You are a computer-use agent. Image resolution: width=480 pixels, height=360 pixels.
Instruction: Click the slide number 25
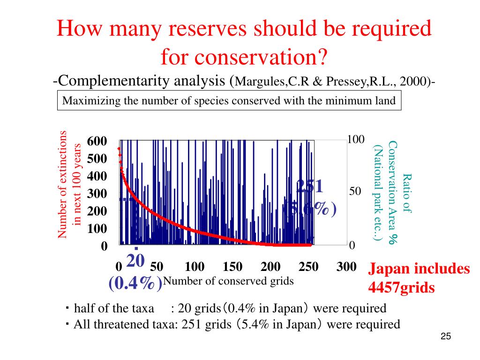coord(445,337)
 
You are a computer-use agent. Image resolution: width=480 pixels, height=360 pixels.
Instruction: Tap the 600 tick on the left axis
coord(97,142)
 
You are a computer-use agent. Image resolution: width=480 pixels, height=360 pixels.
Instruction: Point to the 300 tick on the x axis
coord(346,267)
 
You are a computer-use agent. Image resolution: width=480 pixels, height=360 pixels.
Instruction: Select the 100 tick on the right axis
coord(356,140)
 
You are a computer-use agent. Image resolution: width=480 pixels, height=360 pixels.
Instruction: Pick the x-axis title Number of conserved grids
coord(229,281)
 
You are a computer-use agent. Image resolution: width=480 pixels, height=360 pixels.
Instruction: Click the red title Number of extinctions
coord(63,184)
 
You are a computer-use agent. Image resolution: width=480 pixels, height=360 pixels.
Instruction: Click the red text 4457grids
coord(401,287)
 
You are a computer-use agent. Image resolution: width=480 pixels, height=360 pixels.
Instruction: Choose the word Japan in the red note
coord(387,269)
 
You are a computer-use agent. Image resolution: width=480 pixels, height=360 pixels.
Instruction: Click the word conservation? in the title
coord(244,58)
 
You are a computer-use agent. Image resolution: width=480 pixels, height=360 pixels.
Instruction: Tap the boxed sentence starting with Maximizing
coord(229,100)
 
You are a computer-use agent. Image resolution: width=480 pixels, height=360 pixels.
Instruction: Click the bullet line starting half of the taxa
coord(230,308)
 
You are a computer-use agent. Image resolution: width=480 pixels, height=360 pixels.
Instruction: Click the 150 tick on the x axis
coord(232,267)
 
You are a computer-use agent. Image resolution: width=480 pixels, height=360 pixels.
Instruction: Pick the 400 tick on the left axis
coord(97,177)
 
